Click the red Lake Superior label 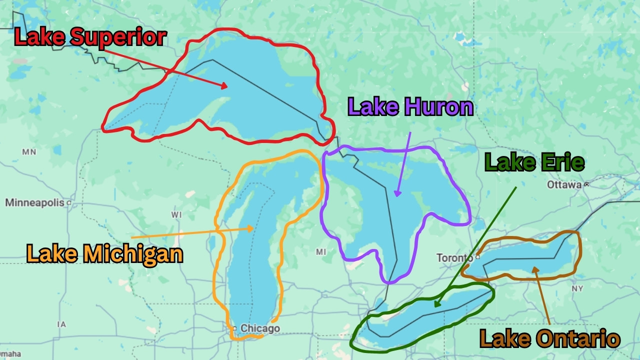point(90,38)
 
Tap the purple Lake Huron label point(410,107)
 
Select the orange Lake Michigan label point(104,254)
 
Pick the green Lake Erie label point(534,163)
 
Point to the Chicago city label point(260,328)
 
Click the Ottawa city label point(564,184)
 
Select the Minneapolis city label point(34,202)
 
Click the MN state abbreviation point(29,152)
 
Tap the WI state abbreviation point(176,215)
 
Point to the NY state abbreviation point(577,289)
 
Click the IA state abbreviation point(61,324)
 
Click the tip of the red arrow point(228,88)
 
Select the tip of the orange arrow point(254,228)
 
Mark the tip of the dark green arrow point(435,306)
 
